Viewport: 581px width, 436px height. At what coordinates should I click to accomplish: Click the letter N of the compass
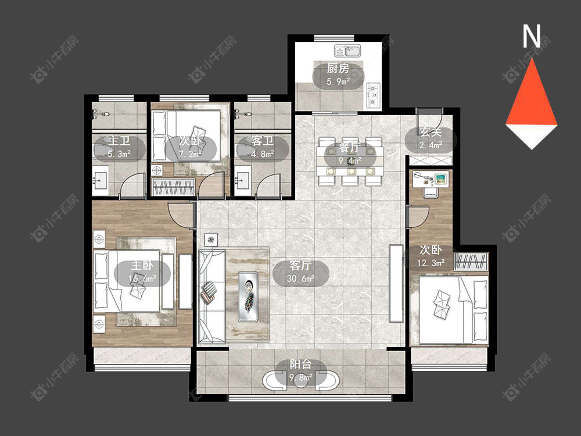pyautogui.click(x=532, y=36)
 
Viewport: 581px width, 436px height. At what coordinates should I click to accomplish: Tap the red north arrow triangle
pyautogui.click(x=532, y=97)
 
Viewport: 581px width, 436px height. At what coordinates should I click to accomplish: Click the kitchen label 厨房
pyautogui.click(x=338, y=69)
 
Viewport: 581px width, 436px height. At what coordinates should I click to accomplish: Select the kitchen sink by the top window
pyautogui.click(x=347, y=51)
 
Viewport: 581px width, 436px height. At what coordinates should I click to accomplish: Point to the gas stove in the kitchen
pyautogui.click(x=374, y=95)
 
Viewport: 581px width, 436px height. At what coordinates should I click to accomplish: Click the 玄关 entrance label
pyautogui.click(x=431, y=132)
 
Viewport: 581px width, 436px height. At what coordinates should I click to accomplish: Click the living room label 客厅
pyautogui.click(x=300, y=266)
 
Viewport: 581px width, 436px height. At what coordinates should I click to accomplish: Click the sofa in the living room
pyautogui.click(x=212, y=296)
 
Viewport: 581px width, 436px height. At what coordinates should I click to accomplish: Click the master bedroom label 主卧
pyautogui.click(x=142, y=266)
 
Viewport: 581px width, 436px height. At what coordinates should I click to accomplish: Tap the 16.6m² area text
pyautogui.click(x=142, y=278)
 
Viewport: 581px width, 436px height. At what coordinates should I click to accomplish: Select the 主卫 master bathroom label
pyautogui.click(x=119, y=141)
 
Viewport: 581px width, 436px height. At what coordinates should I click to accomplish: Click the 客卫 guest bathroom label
pyautogui.click(x=263, y=141)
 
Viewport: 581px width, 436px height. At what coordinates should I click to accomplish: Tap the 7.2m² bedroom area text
pyautogui.click(x=190, y=153)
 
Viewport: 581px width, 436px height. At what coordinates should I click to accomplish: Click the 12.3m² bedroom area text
pyautogui.click(x=431, y=263)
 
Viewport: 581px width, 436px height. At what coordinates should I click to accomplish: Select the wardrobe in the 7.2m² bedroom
pyautogui.click(x=174, y=187)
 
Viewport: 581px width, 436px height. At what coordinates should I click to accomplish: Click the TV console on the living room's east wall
pyautogui.click(x=396, y=283)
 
